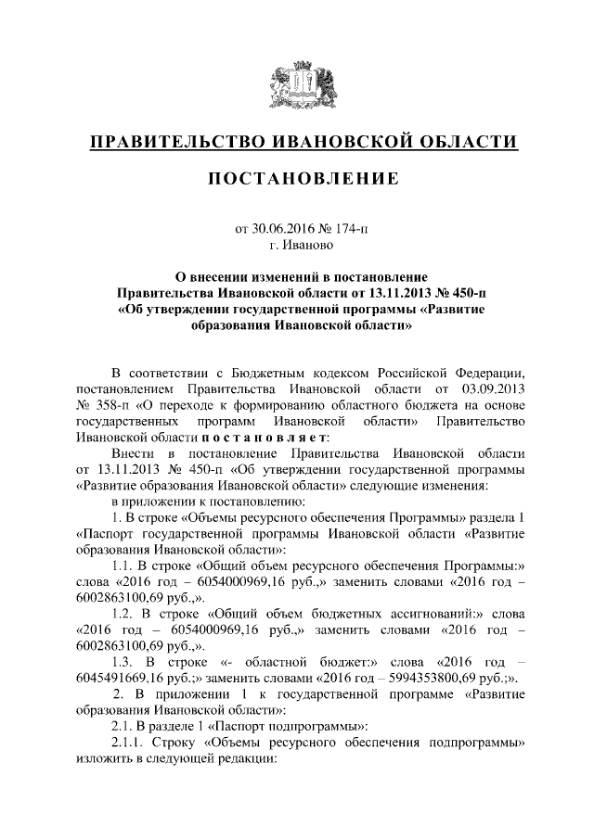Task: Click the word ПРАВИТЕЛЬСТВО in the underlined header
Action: (171, 142)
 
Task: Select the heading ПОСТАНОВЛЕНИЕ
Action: (296, 178)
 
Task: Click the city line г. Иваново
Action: (296, 245)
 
